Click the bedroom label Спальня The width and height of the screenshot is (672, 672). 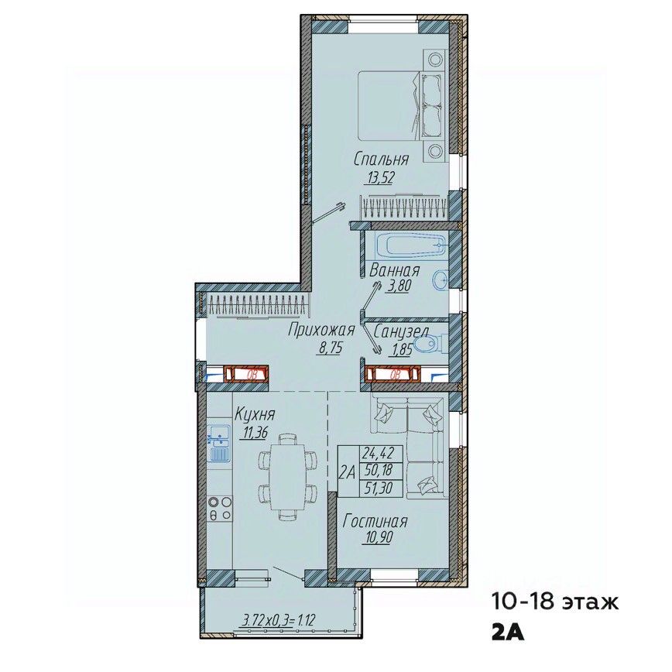pos(381,159)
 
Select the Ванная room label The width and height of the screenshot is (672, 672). pos(394,271)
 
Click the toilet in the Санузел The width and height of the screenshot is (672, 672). pos(430,345)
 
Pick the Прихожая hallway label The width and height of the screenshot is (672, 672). pos(321,331)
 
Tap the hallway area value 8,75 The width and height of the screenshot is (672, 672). pos(329,348)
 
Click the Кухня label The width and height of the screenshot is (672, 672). pos(255,414)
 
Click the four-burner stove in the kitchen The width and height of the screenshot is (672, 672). pos(219,508)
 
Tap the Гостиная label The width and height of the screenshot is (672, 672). pos(375,522)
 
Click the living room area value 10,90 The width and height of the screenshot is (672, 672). pos(376,537)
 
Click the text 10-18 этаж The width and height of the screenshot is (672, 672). pos(554,602)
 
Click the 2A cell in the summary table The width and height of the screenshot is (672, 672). pos(348,471)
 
